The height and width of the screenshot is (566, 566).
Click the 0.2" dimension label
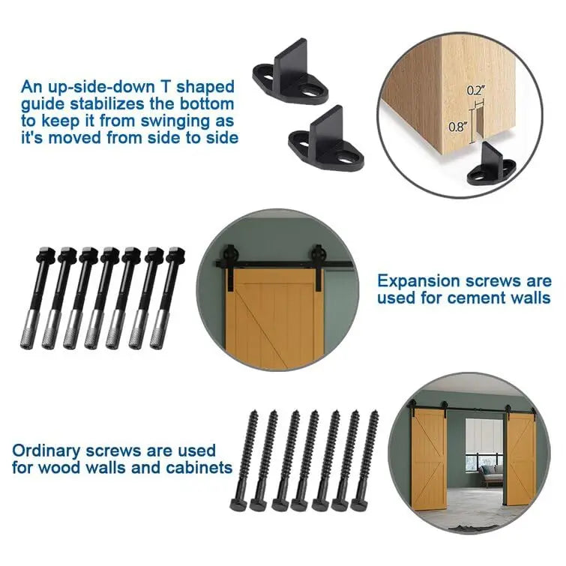(475, 90)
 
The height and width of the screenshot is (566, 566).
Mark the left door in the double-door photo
(429, 458)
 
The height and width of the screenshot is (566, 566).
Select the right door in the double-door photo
(521, 458)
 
